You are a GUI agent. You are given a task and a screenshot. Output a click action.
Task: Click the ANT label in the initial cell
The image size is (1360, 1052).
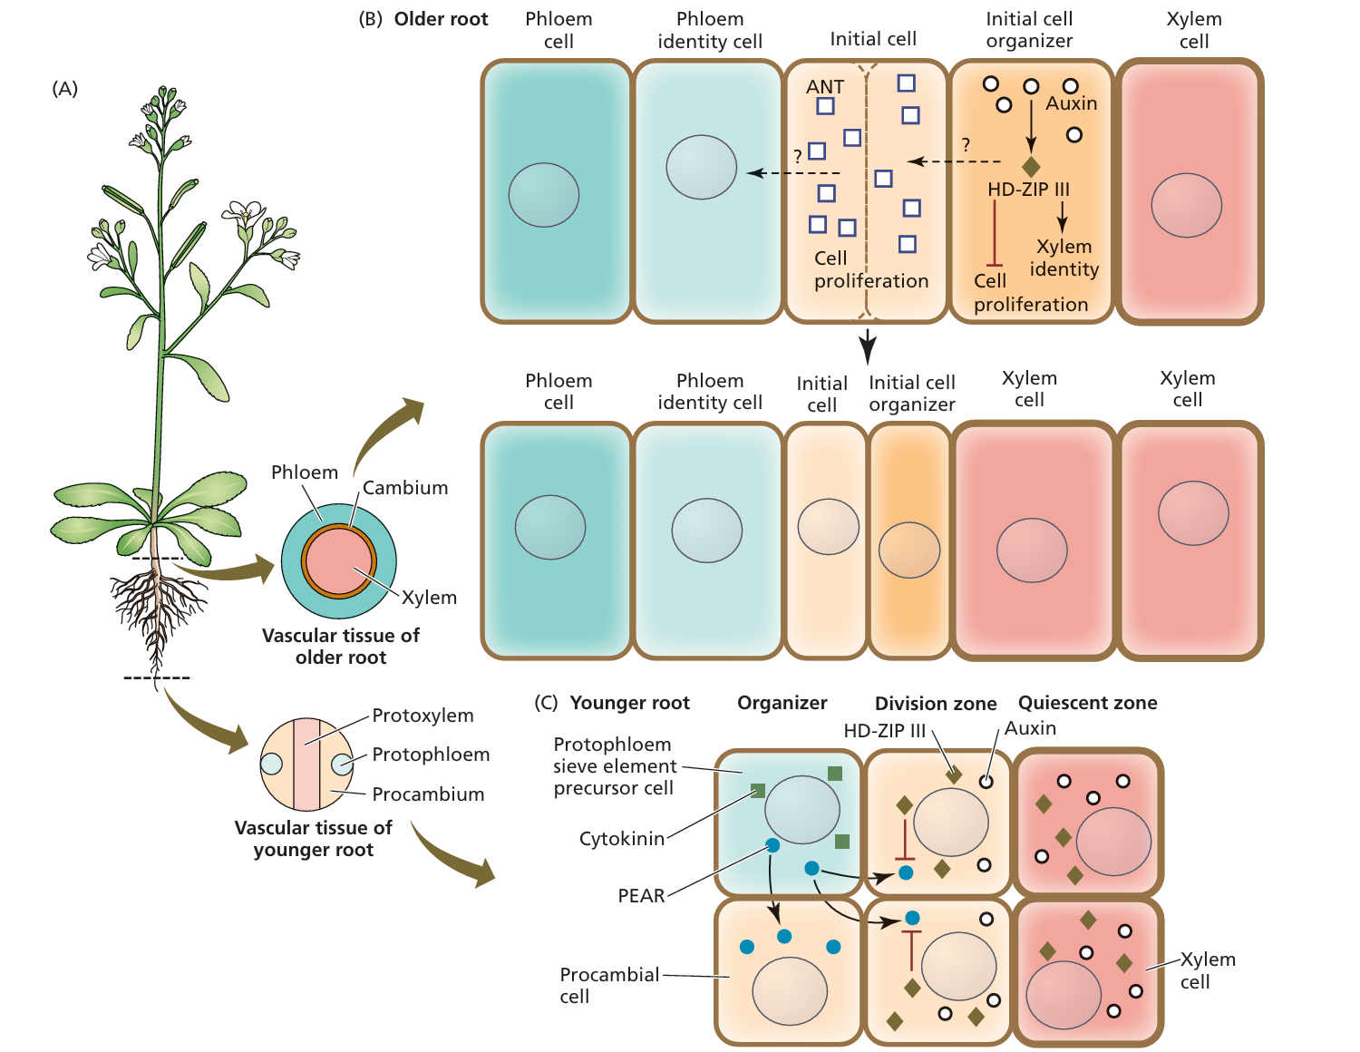click(x=825, y=87)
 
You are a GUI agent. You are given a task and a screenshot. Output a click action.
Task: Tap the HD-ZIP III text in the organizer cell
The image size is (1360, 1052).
click(x=1028, y=190)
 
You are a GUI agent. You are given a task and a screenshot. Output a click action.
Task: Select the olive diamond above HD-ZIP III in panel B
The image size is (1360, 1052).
click(x=1031, y=167)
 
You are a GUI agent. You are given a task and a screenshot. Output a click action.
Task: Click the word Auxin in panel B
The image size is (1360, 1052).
click(x=1071, y=103)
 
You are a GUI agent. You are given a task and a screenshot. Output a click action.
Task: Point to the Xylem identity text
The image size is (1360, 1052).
click(x=1064, y=258)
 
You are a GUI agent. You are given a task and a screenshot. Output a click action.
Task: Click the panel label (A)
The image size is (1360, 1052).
click(x=64, y=89)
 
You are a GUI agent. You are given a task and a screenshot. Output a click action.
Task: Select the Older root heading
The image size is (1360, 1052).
click(x=441, y=19)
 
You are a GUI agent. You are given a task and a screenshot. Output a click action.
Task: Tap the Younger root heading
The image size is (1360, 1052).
click(x=629, y=703)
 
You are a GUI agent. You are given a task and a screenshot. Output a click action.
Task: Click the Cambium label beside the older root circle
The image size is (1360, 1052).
click(x=405, y=488)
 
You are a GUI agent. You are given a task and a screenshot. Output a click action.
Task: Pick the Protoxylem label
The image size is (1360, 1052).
click(x=423, y=716)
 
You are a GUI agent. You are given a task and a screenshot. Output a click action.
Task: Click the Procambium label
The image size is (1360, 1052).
click(x=428, y=794)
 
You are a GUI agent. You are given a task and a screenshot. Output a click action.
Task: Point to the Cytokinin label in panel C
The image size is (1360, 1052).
click(x=622, y=839)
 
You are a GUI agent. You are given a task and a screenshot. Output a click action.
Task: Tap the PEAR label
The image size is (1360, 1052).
click(x=641, y=896)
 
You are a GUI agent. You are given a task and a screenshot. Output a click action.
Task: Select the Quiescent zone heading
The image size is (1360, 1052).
click(x=1087, y=703)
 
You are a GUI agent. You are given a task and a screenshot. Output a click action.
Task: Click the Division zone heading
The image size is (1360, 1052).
click(x=935, y=704)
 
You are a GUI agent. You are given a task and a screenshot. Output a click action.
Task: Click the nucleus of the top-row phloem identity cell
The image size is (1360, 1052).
click(x=701, y=167)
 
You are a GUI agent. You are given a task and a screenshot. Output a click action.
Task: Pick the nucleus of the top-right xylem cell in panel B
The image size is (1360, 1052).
click(x=1186, y=205)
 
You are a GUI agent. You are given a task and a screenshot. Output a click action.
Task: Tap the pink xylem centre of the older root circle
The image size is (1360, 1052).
click(x=338, y=561)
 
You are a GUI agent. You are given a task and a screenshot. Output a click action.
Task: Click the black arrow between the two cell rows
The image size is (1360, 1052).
click(x=868, y=346)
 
